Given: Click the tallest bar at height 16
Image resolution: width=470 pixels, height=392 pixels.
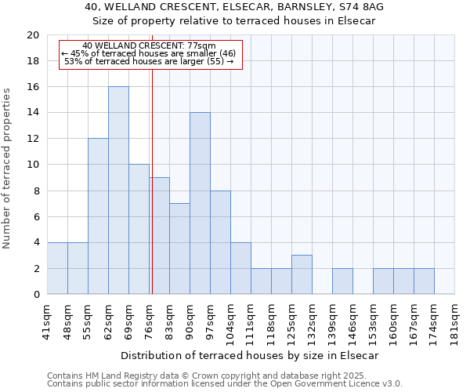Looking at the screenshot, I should click(x=118, y=191).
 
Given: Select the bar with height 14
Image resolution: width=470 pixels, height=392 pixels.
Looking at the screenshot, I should click(x=200, y=203).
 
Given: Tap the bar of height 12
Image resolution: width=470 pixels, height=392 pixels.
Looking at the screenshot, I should click(x=98, y=216).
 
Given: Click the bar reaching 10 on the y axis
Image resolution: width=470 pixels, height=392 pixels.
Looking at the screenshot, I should click(x=139, y=229).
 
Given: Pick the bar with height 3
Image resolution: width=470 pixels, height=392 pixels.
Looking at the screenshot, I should click(x=302, y=274).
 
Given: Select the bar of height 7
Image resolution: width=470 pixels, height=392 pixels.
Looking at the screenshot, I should click(x=179, y=249).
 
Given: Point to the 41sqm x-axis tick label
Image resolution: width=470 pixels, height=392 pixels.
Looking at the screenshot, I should click(x=48, y=321).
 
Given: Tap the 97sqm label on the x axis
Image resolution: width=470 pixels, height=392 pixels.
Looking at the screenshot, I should click(x=211, y=321).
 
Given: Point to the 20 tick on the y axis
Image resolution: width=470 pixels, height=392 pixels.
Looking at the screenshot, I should click(x=33, y=35).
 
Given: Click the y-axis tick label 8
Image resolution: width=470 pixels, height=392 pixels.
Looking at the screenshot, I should click(x=36, y=191).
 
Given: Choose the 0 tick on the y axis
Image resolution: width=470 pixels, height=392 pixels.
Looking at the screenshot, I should click(x=36, y=295).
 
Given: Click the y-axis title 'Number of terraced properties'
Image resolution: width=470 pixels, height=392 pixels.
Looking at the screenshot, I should click(x=7, y=168).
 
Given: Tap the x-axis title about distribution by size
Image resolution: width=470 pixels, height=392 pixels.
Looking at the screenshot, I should click(x=251, y=355).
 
